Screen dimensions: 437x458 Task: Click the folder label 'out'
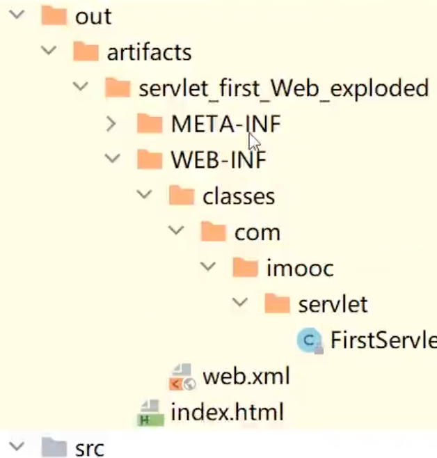point(93,17)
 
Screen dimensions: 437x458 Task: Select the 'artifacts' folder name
point(148,52)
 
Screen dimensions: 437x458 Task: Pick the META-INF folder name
point(226,125)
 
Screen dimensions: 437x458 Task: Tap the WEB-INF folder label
point(218,160)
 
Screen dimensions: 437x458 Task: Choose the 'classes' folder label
point(239,196)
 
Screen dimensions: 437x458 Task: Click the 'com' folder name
point(257,232)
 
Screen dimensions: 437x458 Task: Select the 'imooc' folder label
point(300,268)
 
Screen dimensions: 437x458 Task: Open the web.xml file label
point(246,377)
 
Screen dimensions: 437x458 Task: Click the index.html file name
point(227,412)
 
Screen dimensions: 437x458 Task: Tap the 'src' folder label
point(89,448)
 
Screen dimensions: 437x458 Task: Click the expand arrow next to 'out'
point(17,16)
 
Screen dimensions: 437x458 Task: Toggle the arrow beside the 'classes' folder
point(145,196)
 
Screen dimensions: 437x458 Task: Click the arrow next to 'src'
point(17,448)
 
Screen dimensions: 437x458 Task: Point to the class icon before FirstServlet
point(309,340)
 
